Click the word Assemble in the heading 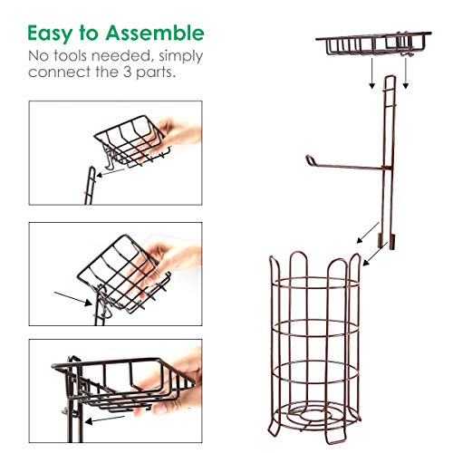(153, 34)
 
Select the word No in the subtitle (38, 57)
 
